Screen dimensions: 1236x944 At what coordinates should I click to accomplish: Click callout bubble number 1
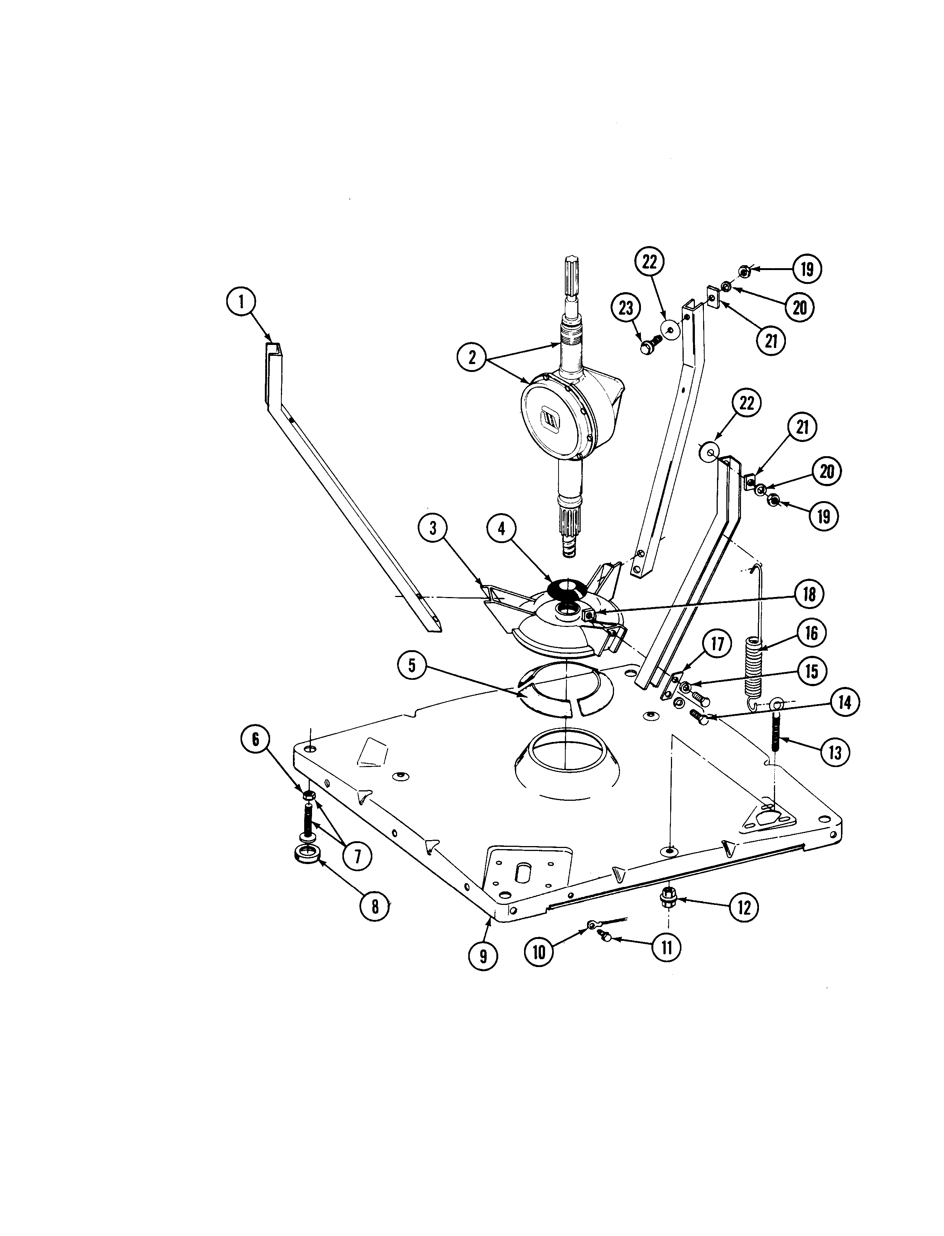(241, 302)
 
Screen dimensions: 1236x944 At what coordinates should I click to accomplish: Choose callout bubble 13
(835, 752)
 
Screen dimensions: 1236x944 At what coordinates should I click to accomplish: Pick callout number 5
(412, 666)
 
